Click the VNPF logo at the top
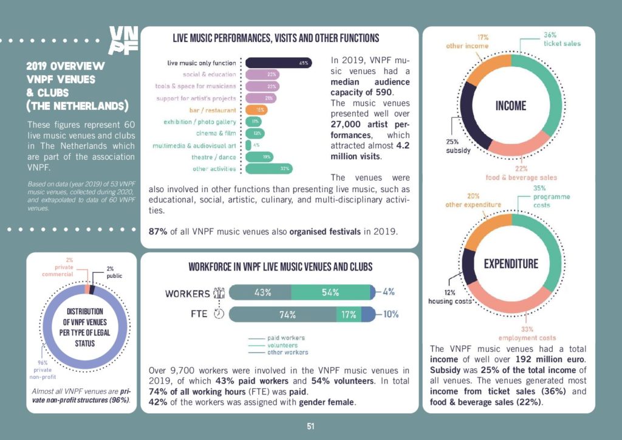pyautogui.click(x=123, y=40)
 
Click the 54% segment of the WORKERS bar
pyautogui.click(x=330, y=292)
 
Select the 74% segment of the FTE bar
pyautogui.click(x=283, y=314)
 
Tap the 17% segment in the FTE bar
pyautogui.click(x=349, y=314)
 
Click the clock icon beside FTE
pyautogui.click(x=219, y=314)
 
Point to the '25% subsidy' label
pyautogui.click(x=459, y=146)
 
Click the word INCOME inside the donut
pyautogui.click(x=511, y=106)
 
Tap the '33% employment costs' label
pyautogui.click(x=527, y=333)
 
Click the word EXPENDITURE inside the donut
pyautogui.click(x=511, y=264)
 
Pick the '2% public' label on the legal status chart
pyautogui.click(x=114, y=272)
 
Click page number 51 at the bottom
pyautogui.click(x=310, y=426)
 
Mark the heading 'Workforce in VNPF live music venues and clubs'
pyautogui.click(x=280, y=266)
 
